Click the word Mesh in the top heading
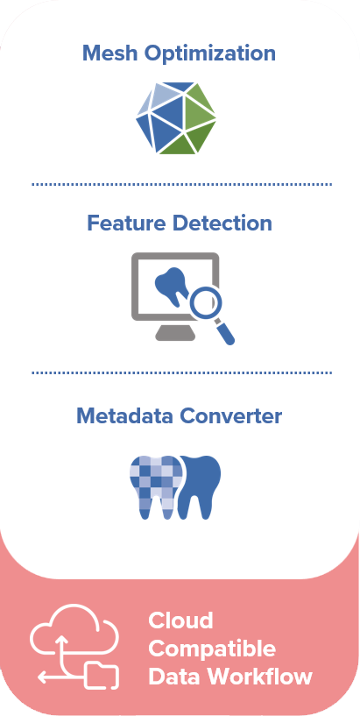click(x=110, y=53)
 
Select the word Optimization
click(x=210, y=53)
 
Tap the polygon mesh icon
click(x=176, y=117)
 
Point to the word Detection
click(x=222, y=223)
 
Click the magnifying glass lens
click(x=206, y=301)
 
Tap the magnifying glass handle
click(x=225, y=333)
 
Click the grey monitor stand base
click(x=175, y=334)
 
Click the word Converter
click(x=230, y=416)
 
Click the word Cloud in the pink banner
click(x=180, y=620)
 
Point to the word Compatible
click(x=212, y=649)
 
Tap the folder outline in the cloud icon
click(x=102, y=675)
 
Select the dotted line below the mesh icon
click(x=181, y=185)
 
